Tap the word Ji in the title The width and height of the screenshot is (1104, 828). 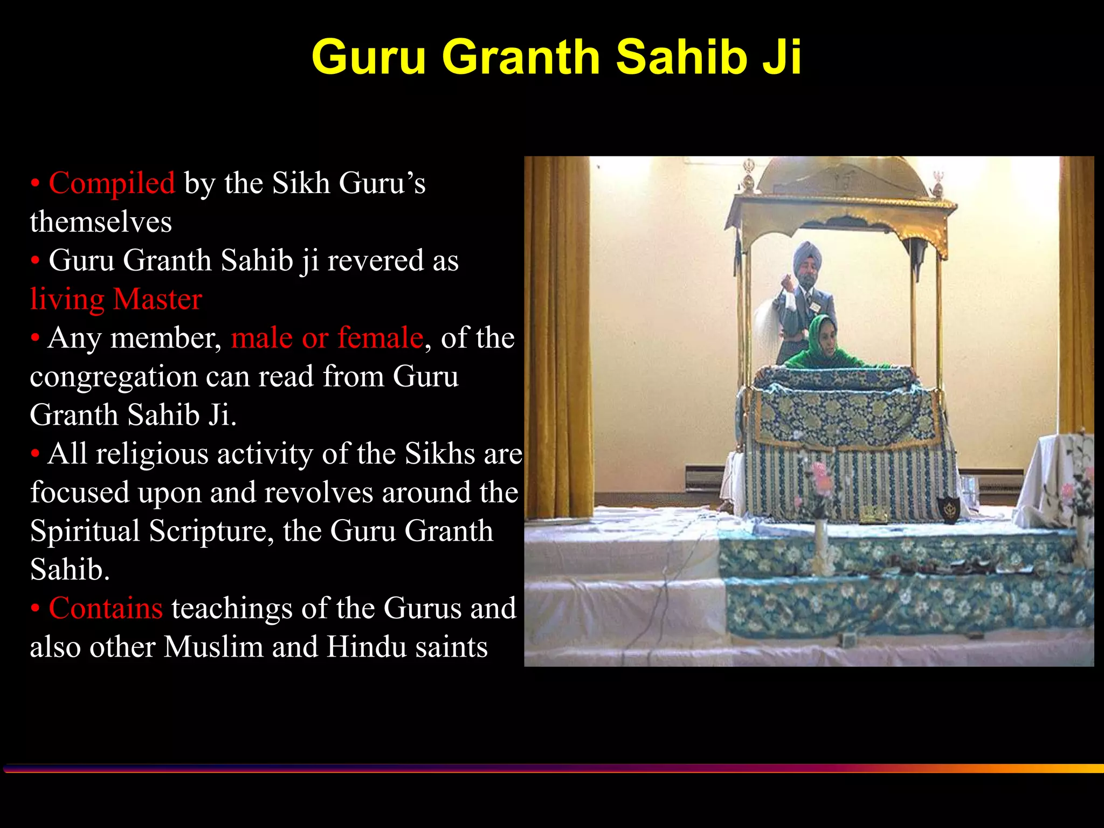(781, 58)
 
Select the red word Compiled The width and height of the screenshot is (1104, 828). (112, 183)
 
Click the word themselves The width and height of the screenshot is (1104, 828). (101, 222)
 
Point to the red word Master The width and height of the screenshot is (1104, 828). (157, 299)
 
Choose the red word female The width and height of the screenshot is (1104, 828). (380, 338)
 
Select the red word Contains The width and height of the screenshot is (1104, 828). (106, 608)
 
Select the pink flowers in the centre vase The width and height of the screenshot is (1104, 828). (820, 474)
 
